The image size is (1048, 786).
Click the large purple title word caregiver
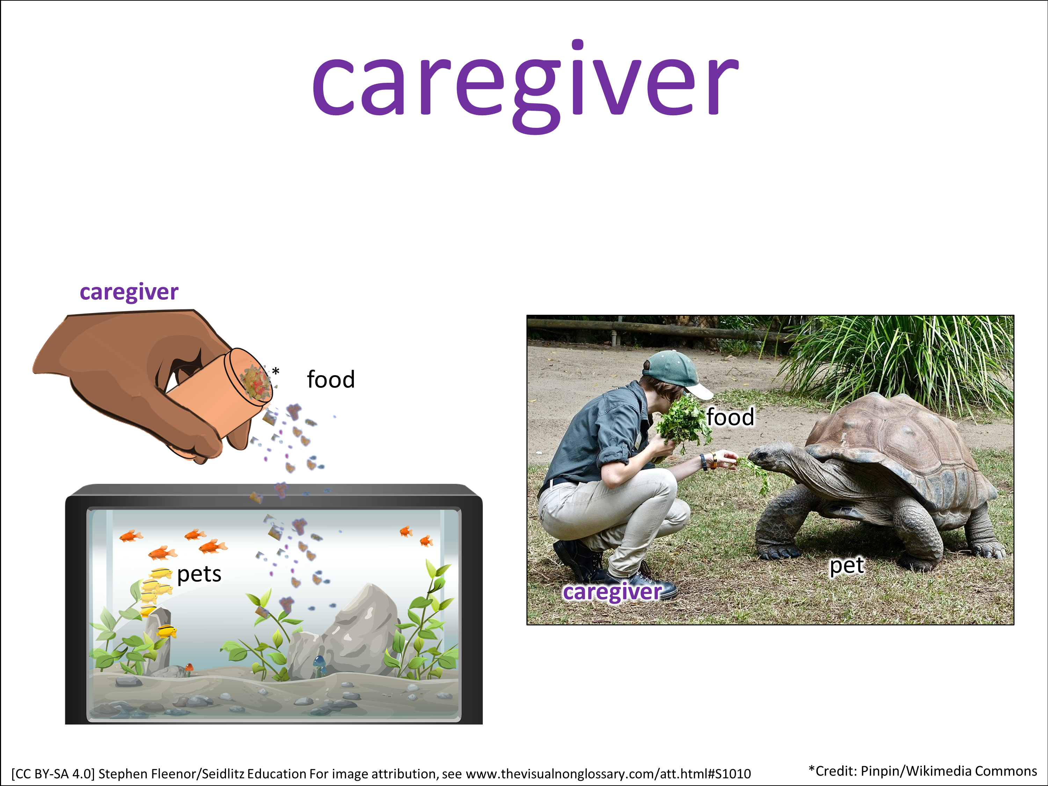point(525,87)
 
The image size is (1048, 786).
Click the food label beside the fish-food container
point(331,379)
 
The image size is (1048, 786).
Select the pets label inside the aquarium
point(199,575)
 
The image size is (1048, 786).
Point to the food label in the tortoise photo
point(730,417)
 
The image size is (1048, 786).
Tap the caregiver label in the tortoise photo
point(612,592)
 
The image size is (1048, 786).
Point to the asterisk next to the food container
point(276,371)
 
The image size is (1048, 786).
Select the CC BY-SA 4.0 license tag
point(53,774)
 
